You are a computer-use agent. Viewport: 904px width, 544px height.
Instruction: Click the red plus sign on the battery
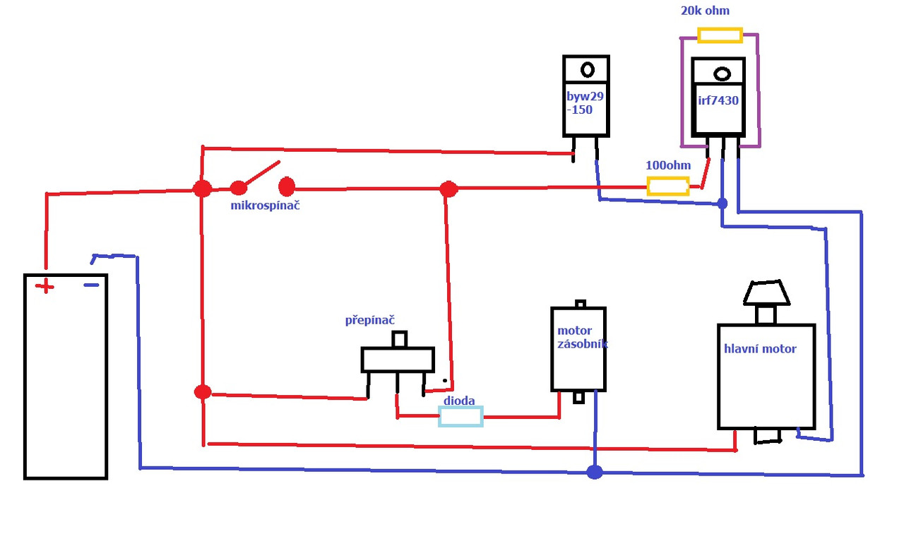[x=44, y=286]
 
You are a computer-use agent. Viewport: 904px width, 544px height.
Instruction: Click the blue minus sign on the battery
[x=91, y=285]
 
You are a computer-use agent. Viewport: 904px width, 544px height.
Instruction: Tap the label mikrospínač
[x=266, y=206]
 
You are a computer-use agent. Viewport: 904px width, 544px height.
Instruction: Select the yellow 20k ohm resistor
[x=719, y=35]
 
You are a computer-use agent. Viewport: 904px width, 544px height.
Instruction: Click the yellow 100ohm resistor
[x=667, y=187]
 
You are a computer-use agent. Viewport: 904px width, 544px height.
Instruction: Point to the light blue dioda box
[x=460, y=417]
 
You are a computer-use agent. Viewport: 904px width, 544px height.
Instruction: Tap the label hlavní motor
[x=760, y=348]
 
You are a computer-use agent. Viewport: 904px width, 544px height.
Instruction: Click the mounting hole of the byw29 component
[x=587, y=69]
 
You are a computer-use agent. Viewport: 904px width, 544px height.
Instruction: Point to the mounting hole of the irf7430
[x=722, y=73]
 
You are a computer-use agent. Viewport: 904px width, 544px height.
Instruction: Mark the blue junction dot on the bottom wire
[x=595, y=472]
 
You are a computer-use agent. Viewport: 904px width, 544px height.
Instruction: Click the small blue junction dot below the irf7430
[x=722, y=203]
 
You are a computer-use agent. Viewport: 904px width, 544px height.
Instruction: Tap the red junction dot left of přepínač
[x=203, y=392]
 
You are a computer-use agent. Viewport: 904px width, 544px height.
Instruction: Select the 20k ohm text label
[x=705, y=11]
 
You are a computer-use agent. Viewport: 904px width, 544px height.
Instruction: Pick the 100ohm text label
[x=668, y=165]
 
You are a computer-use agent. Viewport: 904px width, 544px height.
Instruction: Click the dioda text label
[x=459, y=401]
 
